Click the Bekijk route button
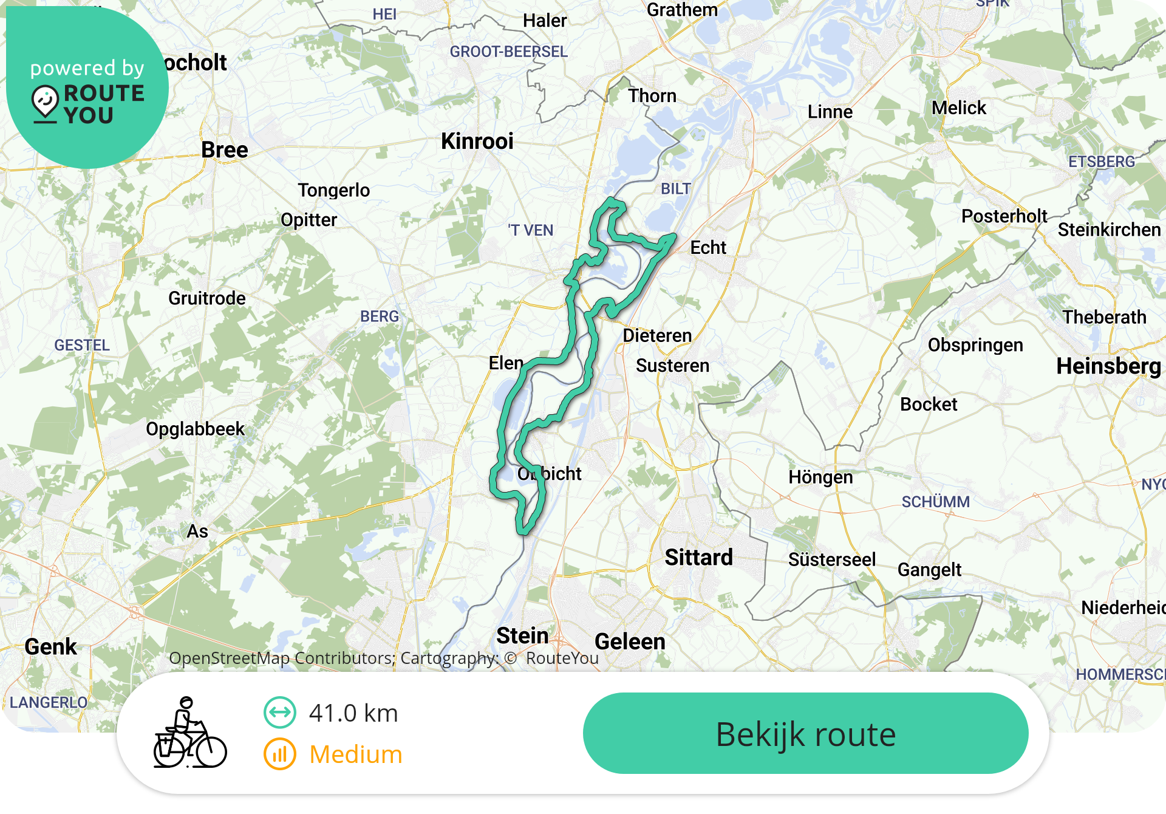pyautogui.click(x=805, y=734)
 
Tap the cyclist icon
pyautogui.click(x=189, y=733)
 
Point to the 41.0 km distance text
pyautogui.click(x=353, y=713)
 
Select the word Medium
pyautogui.click(x=356, y=754)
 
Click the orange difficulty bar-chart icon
pyautogui.click(x=279, y=754)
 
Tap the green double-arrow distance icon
pyautogui.click(x=279, y=713)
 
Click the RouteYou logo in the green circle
pyautogui.click(x=88, y=104)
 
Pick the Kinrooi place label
pyautogui.click(x=477, y=142)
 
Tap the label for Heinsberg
pyautogui.click(x=1108, y=366)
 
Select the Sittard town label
pyautogui.click(x=698, y=557)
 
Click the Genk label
pyautogui.click(x=51, y=646)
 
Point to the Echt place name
pyautogui.click(x=708, y=248)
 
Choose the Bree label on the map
pyautogui.click(x=225, y=150)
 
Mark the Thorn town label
pyautogui.click(x=652, y=96)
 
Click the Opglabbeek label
pyautogui.click(x=195, y=429)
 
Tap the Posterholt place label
pyautogui.click(x=1004, y=216)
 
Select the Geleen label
pyautogui.click(x=630, y=641)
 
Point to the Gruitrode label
pyautogui.click(x=207, y=298)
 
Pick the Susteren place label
pyautogui.click(x=672, y=366)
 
